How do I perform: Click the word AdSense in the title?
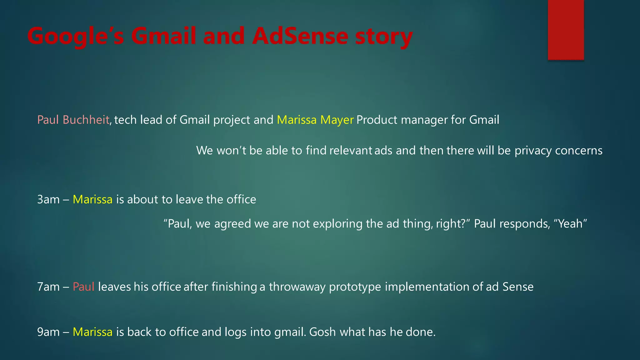pyautogui.click(x=300, y=36)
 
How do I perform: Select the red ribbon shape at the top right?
pyautogui.click(x=566, y=30)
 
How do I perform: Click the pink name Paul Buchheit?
pyautogui.click(x=73, y=120)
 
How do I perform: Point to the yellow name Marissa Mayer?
pyautogui.click(x=315, y=120)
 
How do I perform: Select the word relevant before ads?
pyautogui.click(x=351, y=151)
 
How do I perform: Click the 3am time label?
pyautogui.click(x=48, y=199)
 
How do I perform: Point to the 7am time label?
pyautogui.click(x=48, y=287)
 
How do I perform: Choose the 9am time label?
pyautogui.click(x=48, y=332)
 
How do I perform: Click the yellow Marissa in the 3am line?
pyautogui.click(x=92, y=199)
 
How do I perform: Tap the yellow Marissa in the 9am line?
pyautogui.click(x=92, y=332)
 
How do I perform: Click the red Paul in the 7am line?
pyautogui.click(x=83, y=287)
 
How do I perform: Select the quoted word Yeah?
pyautogui.click(x=570, y=224)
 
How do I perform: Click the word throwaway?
pyautogui.click(x=297, y=287)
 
